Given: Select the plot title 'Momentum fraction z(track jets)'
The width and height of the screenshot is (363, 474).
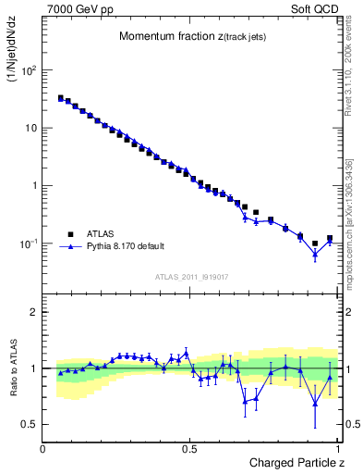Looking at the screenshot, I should tap(189, 36).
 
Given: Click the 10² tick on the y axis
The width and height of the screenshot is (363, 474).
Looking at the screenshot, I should tap(30, 70).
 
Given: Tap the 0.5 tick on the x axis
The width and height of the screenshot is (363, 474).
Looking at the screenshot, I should tap(189, 448).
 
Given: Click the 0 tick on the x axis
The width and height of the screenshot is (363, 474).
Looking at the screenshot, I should tap(43, 448).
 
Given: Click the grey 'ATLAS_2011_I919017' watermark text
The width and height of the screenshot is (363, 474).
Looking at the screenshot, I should tap(191, 277).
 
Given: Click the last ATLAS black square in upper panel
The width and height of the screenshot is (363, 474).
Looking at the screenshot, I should tap(330, 238).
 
